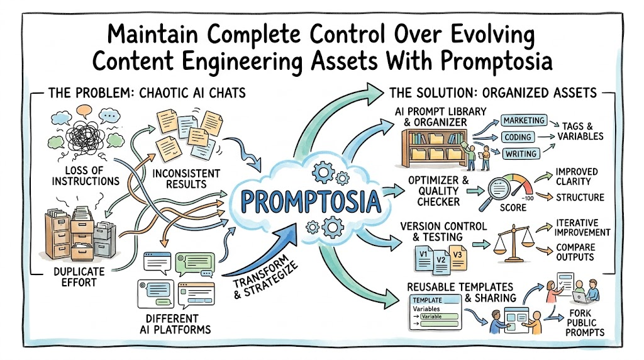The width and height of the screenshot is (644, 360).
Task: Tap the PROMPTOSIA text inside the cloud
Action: tap(311, 202)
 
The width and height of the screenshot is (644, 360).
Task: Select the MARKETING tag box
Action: tap(524, 120)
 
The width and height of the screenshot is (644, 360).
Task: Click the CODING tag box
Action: tap(518, 137)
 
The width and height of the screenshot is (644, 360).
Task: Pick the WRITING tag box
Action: tap(521, 154)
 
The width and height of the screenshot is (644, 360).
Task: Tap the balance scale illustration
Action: tap(513, 242)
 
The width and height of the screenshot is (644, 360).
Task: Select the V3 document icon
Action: tap(458, 257)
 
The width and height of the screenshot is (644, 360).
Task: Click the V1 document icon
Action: tap(423, 257)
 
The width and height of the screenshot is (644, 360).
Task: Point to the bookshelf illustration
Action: tap(435, 148)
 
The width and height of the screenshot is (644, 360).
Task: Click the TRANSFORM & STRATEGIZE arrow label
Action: tap(265, 279)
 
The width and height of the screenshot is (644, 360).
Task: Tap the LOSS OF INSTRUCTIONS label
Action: tap(86, 176)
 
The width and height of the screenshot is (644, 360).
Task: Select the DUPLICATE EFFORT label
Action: tap(79, 277)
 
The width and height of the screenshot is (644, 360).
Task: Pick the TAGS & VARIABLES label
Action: tap(580, 131)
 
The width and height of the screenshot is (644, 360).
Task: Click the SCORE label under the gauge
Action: tap(513, 208)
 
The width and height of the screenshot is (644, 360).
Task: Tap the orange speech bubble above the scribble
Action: tap(84, 110)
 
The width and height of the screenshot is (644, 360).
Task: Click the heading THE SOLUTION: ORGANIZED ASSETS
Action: tap(493, 93)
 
